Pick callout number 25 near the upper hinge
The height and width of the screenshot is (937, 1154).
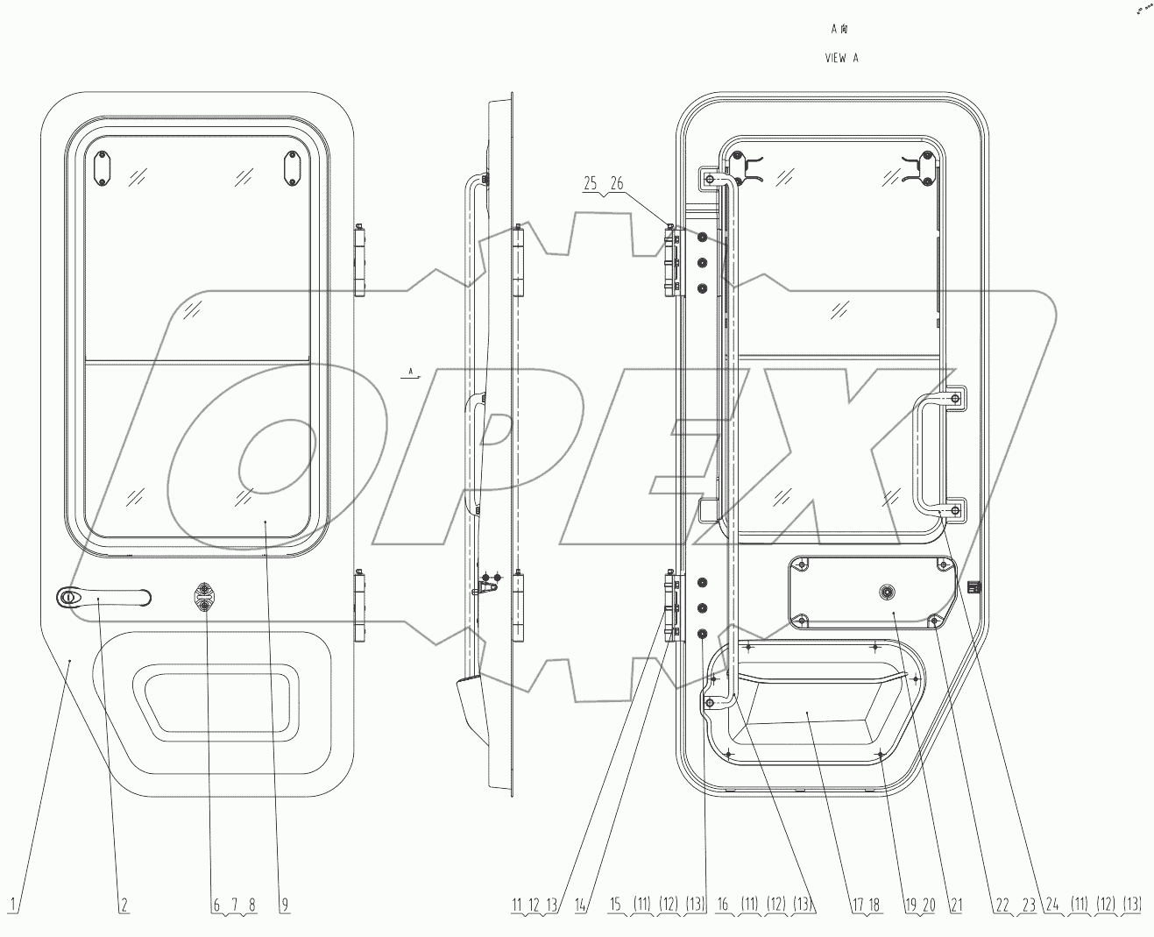click(591, 183)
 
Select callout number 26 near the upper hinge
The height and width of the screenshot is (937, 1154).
click(617, 183)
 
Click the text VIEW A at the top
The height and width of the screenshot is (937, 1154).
click(841, 59)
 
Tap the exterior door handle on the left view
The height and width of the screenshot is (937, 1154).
click(103, 597)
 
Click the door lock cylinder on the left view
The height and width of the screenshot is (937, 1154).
click(204, 598)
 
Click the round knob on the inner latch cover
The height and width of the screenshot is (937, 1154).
click(888, 593)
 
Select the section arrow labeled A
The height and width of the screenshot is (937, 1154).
click(410, 374)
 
